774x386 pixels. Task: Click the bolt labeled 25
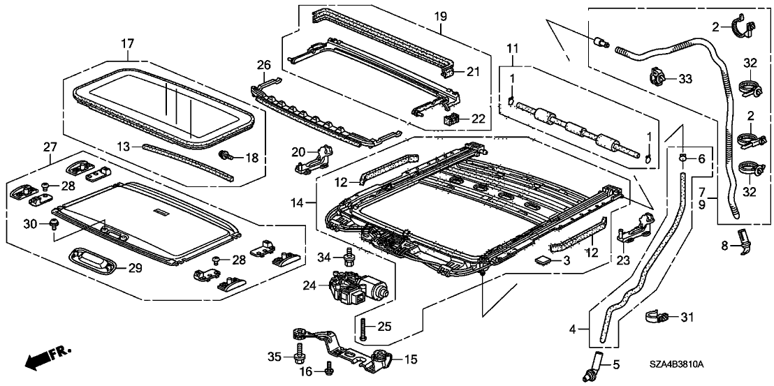[364, 325]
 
